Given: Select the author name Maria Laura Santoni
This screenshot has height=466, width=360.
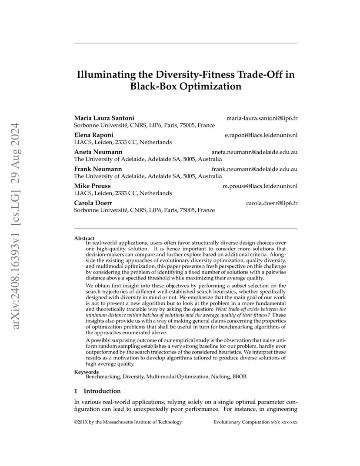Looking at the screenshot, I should click(x=104, y=118).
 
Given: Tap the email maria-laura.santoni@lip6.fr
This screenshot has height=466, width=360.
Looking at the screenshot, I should click(x=262, y=118).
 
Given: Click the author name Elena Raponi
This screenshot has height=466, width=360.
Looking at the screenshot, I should click(x=94, y=135).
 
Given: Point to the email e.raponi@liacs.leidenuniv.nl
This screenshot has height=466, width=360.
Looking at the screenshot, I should click(x=261, y=135).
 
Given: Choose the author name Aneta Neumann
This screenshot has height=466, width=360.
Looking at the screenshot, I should click(x=98, y=152).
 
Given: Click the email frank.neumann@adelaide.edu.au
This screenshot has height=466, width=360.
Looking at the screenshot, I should click(x=254, y=169).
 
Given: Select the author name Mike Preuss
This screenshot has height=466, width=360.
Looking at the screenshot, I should click(x=92, y=186).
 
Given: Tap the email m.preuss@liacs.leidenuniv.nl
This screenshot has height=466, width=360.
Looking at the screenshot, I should click(x=260, y=186).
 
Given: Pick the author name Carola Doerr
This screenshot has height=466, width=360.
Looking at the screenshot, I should click(x=93, y=203).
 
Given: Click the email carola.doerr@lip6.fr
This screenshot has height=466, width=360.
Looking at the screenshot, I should click(x=272, y=203).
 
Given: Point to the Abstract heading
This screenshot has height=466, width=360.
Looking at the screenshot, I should click(x=84, y=238).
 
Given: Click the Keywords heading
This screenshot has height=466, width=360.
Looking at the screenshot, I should click(x=87, y=372).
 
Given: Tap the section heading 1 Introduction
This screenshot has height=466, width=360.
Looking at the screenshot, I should click(x=97, y=391).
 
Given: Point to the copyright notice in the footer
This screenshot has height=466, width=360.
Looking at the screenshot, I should click(x=128, y=422).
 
